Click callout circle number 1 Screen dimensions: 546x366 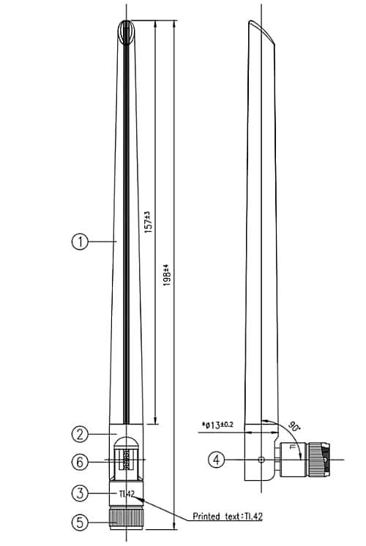(80, 241)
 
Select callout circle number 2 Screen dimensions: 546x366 (80, 434)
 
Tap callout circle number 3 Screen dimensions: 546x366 (80, 493)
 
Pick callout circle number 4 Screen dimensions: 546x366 (216, 460)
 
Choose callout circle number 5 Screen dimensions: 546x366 (80, 523)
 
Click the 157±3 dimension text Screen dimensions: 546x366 (147, 222)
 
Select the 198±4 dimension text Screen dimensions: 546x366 (166, 276)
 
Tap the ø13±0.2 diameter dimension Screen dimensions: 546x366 (217, 425)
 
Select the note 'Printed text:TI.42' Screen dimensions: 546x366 (227, 515)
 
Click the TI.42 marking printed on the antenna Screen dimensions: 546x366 (126, 494)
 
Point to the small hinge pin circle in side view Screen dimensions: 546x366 (262, 460)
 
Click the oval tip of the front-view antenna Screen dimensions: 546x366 (126, 30)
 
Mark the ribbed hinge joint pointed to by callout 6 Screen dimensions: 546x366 (126, 460)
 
